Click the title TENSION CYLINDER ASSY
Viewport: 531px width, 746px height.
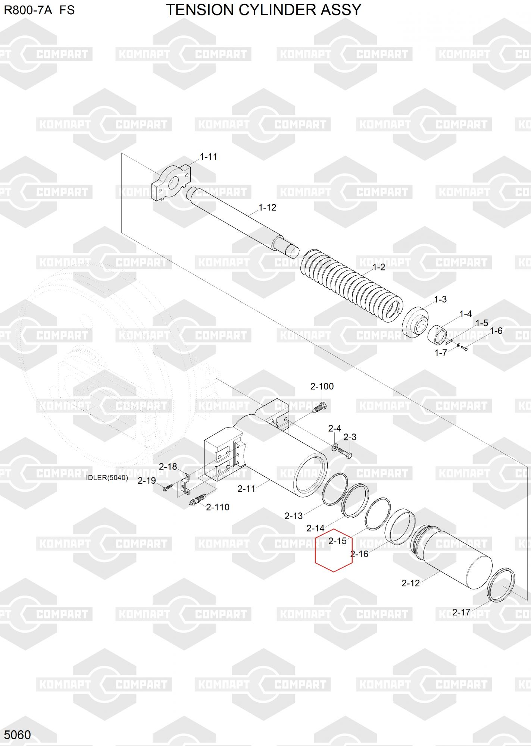tap(263, 10)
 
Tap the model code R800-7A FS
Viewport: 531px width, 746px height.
tap(39, 10)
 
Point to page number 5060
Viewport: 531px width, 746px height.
tap(18, 734)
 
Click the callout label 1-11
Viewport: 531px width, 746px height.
tap(209, 157)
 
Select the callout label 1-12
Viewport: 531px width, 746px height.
tap(268, 207)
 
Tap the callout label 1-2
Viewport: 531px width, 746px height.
tap(379, 267)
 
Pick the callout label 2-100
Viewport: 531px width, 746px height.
tap(322, 386)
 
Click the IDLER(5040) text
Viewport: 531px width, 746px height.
tap(107, 477)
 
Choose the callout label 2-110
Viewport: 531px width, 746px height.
tap(218, 507)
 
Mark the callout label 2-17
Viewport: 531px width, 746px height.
tap(461, 612)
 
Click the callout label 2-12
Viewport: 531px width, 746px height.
tap(410, 583)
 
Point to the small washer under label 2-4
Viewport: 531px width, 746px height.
tap(334, 446)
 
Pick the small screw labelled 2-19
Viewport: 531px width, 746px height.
tap(168, 487)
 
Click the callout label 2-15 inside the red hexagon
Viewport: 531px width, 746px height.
tap(337, 540)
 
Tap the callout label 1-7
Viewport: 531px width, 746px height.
tap(441, 352)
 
